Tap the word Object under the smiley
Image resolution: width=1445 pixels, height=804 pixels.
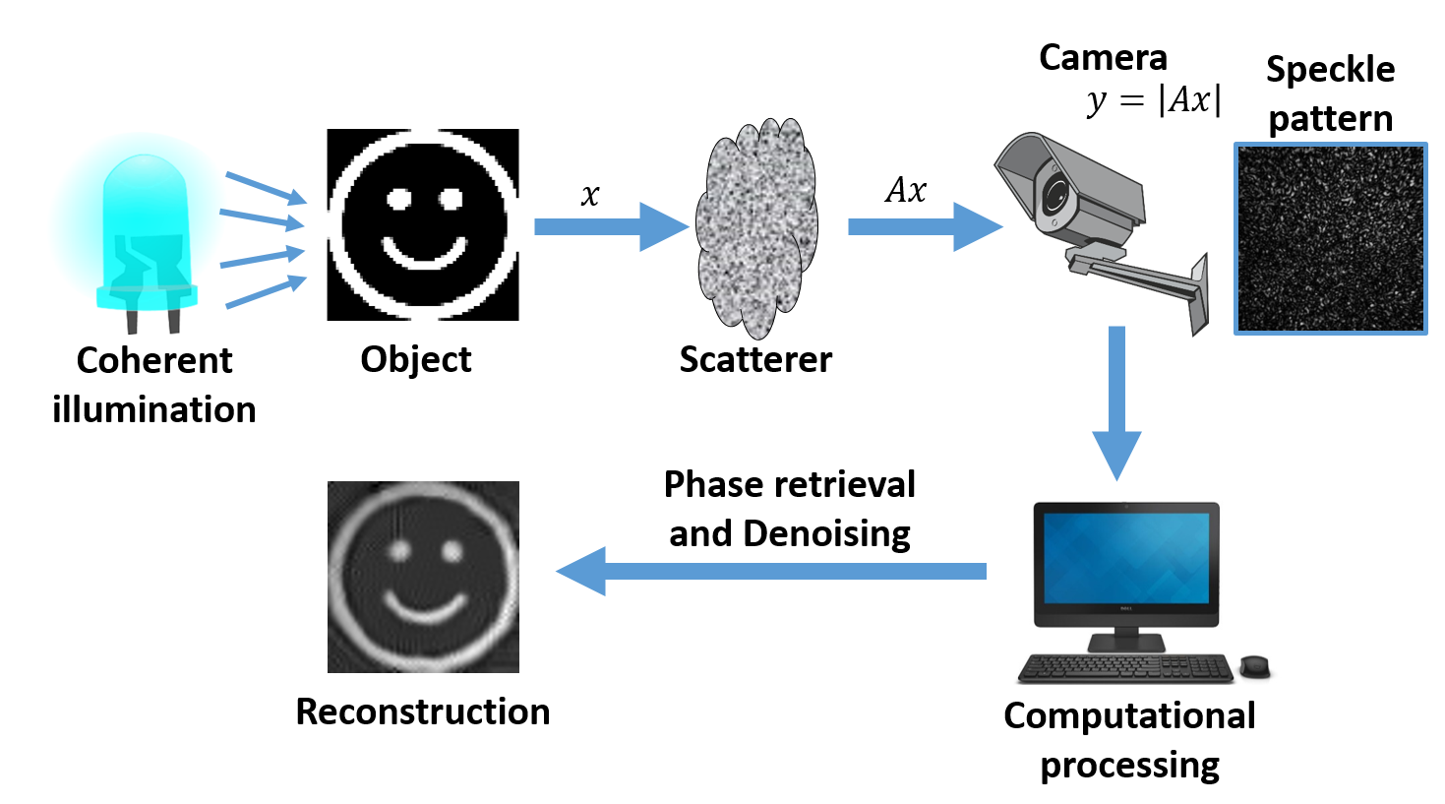(x=415, y=359)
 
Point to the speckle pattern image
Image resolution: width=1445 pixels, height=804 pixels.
(x=1330, y=238)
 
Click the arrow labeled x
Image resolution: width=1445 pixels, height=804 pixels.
(x=610, y=226)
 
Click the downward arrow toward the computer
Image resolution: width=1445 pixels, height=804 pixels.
(x=1116, y=403)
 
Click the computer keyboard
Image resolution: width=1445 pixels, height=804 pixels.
(x=1125, y=669)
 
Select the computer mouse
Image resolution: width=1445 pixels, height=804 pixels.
(x=1254, y=666)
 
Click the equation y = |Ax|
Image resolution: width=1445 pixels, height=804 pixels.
(x=1155, y=100)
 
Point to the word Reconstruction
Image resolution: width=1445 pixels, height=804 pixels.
(x=423, y=711)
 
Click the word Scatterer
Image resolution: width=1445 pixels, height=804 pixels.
(x=755, y=359)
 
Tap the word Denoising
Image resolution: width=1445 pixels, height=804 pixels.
(x=826, y=533)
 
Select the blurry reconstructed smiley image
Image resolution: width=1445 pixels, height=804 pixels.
(x=423, y=577)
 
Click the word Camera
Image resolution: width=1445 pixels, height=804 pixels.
(x=1103, y=57)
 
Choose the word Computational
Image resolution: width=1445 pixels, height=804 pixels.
(x=1129, y=715)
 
